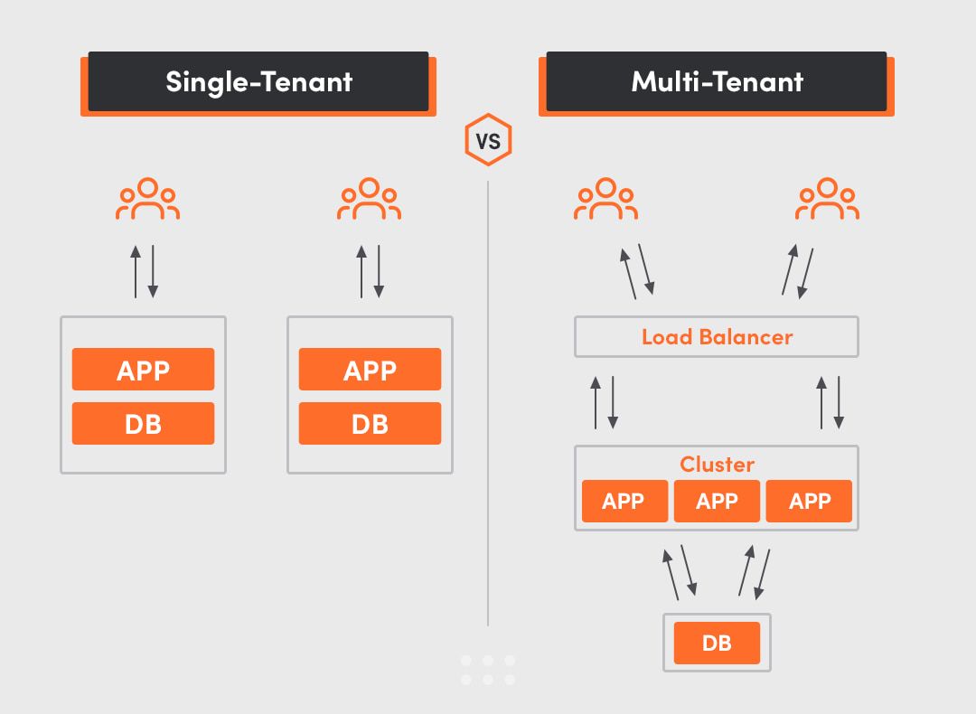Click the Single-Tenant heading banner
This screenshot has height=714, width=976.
pos(258,82)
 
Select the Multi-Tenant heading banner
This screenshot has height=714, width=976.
pos(717,82)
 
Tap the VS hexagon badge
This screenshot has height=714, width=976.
pos(488,140)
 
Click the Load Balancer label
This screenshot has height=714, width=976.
pos(717,337)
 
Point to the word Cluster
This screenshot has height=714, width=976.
pos(717,465)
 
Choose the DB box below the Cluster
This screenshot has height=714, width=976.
pos(717,643)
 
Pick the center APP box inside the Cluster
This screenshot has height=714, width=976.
pos(717,502)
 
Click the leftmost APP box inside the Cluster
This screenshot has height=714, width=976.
pos(624,502)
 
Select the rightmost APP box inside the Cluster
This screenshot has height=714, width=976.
pos(809,502)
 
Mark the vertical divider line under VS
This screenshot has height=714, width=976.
pos(488,407)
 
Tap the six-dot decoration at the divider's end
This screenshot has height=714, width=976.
pos(488,670)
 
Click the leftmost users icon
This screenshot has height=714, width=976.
pos(147,200)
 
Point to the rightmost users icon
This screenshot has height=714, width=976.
pos(827,200)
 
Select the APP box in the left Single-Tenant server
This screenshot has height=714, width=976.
pos(143,370)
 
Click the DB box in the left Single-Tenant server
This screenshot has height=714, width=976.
pos(143,423)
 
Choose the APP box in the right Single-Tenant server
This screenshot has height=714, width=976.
pos(370,370)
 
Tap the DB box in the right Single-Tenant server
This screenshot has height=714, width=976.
pos(370,423)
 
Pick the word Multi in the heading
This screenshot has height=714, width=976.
pos(663,82)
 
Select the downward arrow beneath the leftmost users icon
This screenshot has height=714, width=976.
pos(153,271)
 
